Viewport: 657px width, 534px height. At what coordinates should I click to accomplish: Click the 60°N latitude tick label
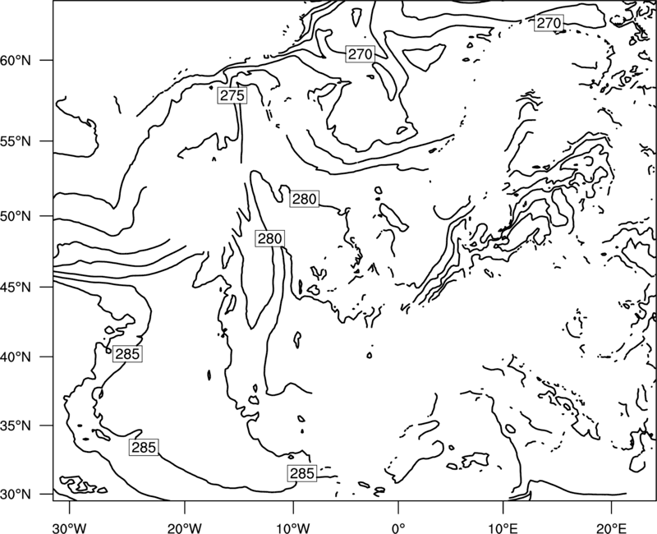pos(16,60)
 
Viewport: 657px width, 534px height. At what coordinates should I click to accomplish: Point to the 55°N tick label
pos(16,141)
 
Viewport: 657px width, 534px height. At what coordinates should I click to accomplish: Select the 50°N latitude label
pos(16,216)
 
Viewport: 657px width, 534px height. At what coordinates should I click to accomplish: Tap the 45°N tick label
pos(16,287)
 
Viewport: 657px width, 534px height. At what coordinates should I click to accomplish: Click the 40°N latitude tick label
pos(16,357)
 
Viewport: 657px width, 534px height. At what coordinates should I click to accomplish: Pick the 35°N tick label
pos(16,426)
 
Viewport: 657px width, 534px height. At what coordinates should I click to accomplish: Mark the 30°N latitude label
pos(16,495)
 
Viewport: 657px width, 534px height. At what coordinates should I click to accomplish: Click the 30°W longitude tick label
pos(70,527)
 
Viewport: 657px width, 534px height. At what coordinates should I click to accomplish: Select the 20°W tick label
pos(185,527)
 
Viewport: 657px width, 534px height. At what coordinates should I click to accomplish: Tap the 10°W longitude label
pos(292,527)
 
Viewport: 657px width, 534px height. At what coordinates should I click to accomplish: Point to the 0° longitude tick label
pos(397,527)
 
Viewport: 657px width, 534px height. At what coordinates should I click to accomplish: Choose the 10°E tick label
pos(503,527)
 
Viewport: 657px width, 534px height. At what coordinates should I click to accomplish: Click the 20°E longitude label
pos(611,527)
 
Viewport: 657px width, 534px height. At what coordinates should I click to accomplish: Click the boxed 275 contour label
pos(232,95)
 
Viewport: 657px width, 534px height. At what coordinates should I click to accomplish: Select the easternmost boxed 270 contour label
pos(549,23)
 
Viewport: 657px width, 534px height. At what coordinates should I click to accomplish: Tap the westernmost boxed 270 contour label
pos(360,54)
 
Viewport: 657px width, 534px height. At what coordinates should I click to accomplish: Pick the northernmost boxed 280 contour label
pos(304,199)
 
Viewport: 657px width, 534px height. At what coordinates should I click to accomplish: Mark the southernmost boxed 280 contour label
pos(270,238)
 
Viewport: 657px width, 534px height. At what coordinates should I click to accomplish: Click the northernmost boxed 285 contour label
pos(127,354)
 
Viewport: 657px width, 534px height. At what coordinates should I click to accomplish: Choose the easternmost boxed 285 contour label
pos(301,473)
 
